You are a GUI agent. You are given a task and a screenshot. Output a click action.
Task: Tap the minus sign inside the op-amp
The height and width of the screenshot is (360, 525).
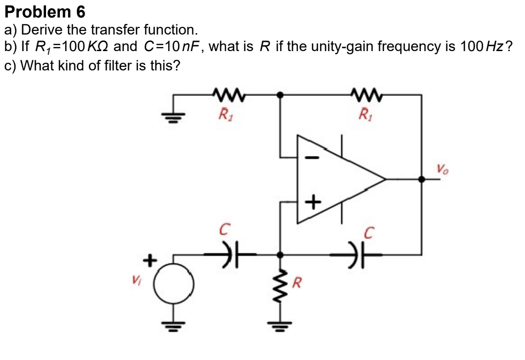coord(312,158)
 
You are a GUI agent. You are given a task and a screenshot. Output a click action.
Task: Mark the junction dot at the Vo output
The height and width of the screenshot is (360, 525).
coord(421,180)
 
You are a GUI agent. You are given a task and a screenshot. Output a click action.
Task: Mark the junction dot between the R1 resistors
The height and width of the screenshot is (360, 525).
coord(280,95)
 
